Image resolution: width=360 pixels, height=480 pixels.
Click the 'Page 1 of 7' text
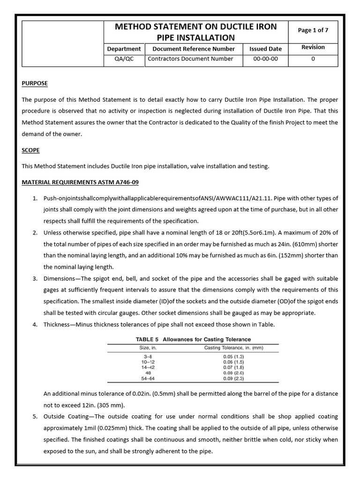pyautogui.click(x=313, y=30)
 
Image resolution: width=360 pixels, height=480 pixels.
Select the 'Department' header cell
pyautogui.click(x=124, y=49)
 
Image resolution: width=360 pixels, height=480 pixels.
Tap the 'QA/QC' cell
pyautogui.click(x=124, y=59)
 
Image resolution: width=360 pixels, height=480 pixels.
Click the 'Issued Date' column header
pyautogui.click(x=265, y=49)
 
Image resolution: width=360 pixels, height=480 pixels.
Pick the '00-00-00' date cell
pyautogui.click(x=265, y=59)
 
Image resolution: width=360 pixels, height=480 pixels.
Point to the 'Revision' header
pyautogui.click(x=313, y=47)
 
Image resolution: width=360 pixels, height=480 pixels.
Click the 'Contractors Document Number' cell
pyautogui.click(x=190, y=59)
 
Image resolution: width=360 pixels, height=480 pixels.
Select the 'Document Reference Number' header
pyautogui.click(x=190, y=49)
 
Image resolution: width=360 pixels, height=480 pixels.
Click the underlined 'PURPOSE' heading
pyautogui.click(x=35, y=83)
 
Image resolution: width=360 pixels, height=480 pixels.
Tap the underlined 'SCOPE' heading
pyautogui.click(x=31, y=150)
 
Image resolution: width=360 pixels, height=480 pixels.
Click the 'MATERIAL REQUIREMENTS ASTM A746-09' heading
pyautogui.click(x=80, y=182)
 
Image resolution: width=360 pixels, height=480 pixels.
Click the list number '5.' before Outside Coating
pyautogui.click(x=35, y=417)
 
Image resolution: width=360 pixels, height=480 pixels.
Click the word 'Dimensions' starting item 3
pyautogui.click(x=60, y=279)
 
